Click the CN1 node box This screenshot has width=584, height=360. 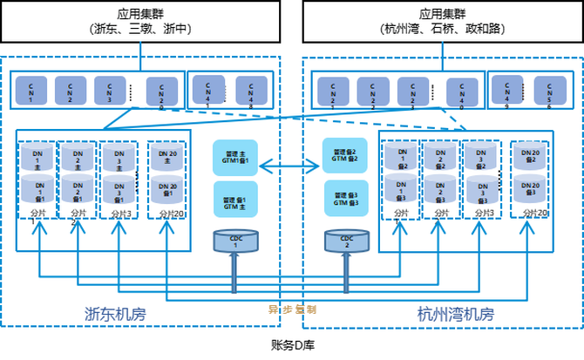[x=31, y=89]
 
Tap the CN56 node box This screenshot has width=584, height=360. [x=549, y=89]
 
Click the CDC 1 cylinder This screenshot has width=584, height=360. [x=233, y=241]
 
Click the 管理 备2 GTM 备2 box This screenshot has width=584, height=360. [x=344, y=155]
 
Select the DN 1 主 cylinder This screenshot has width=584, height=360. [x=37, y=158]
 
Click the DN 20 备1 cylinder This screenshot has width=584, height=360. [x=167, y=188]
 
